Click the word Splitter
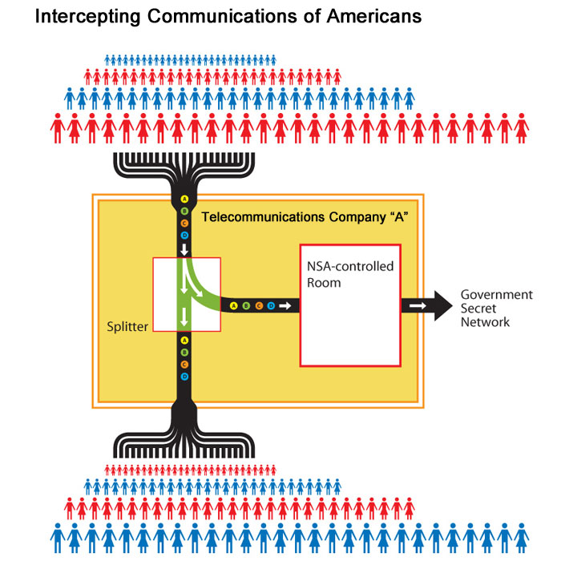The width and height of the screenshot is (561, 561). pyautogui.click(x=128, y=326)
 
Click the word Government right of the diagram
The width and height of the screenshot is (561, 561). pyautogui.click(x=496, y=294)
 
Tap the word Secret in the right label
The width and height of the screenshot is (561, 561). pyautogui.click(x=478, y=309)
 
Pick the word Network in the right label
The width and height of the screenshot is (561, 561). pyautogui.click(x=485, y=322)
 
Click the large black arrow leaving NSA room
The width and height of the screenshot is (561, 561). pyautogui.click(x=428, y=306)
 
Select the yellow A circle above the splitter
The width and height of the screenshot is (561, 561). pyautogui.click(x=184, y=199)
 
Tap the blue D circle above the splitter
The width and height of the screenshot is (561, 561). pyautogui.click(x=184, y=235)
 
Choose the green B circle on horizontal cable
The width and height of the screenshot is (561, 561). pyautogui.click(x=246, y=306)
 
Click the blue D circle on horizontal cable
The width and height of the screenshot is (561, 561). pyautogui.click(x=270, y=306)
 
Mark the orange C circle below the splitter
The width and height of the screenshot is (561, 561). pyautogui.click(x=184, y=365)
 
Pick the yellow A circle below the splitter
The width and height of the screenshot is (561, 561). pyautogui.click(x=184, y=340)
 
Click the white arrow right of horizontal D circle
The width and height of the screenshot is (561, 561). pyautogui.click(x=285, y=306)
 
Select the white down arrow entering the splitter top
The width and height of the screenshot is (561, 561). pyautogui.click(x=184, y=251)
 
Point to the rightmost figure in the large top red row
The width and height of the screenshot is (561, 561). pyautogui.click(x=522, y=128)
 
